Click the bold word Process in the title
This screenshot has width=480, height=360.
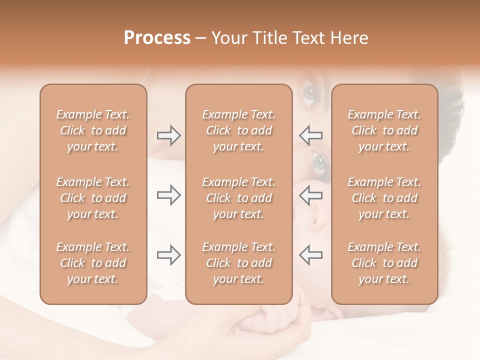tap(157, 38)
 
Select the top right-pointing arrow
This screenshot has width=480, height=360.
tap(168, 135)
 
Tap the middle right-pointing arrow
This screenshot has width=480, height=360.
tap(168, 195)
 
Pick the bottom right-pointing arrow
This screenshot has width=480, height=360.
tap(168, 255)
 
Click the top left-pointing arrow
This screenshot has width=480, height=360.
tap(310, 135)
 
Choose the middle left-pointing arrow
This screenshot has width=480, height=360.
tap(310, 195)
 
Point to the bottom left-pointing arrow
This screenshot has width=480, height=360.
tap(310, 255)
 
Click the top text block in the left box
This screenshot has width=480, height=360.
tap(93, 130)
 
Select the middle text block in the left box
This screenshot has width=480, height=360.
tap(93, 198)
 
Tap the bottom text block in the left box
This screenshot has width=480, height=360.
tap(93, 263)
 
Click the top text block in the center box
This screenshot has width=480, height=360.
tap(238, 130)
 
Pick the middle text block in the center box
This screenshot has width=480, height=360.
tap(238, 198)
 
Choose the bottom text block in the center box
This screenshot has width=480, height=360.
tap(238, 263)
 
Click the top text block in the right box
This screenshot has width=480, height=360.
tap(384, 130)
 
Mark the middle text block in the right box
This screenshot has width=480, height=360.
tap(384, 198)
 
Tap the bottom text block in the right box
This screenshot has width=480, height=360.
tap(384, 263)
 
